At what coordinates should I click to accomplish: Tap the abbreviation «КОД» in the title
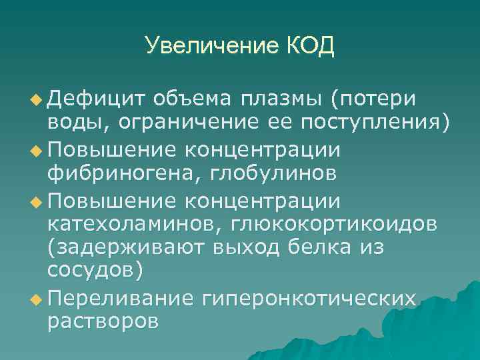coord(310,47)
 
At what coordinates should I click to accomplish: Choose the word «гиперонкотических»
coord(311,297)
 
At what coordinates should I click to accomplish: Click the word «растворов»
coord(103,321)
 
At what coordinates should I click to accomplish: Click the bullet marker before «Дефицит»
coord(37,100)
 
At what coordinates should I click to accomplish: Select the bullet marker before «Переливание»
coord(37,297)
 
